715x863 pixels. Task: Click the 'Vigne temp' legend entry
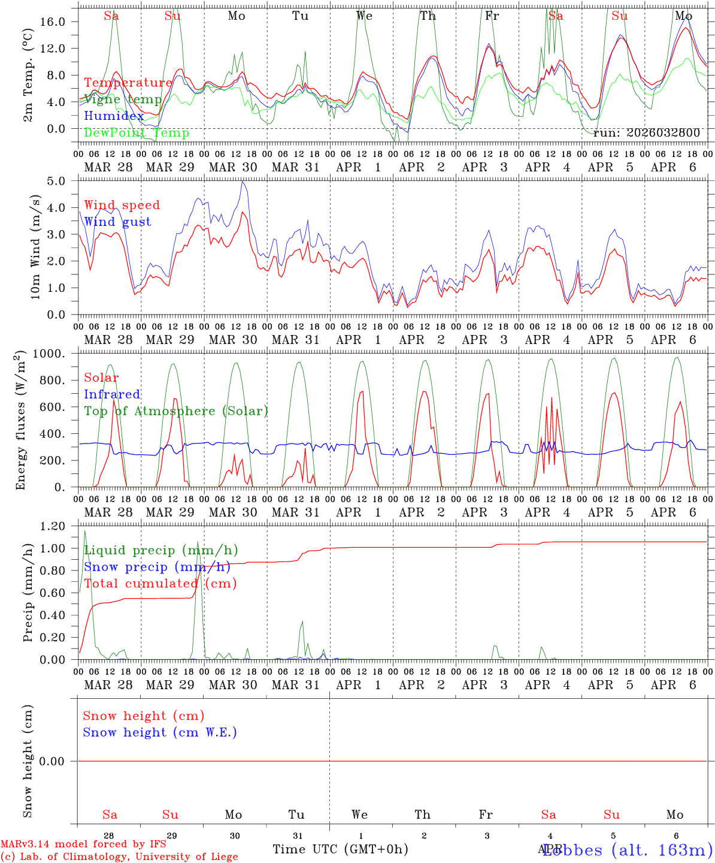123,99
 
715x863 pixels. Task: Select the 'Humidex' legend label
114,116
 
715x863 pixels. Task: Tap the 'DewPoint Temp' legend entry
137,133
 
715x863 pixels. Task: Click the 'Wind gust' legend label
117,222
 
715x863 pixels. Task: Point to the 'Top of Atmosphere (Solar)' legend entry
176,411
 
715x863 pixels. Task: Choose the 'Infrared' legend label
112,394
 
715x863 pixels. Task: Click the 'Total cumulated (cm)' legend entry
160,584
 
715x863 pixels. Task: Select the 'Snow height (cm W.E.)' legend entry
160,732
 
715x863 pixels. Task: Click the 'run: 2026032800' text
646,133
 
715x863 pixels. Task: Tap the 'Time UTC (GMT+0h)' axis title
340,849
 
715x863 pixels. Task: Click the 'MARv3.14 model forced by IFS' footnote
83,844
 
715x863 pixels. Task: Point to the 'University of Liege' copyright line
120,857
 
